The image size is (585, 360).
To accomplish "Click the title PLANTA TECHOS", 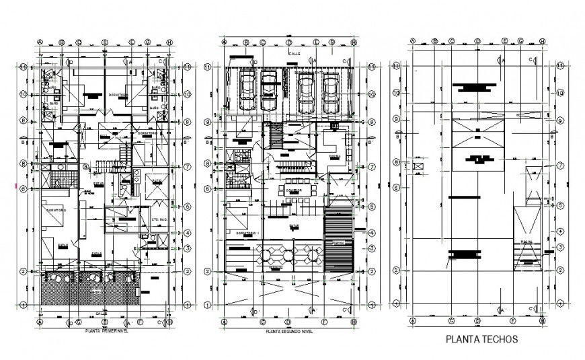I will (x=482, y=340).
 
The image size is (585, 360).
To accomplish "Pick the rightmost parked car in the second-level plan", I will (x=330, y=94).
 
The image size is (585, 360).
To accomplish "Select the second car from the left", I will (x=269, y=92).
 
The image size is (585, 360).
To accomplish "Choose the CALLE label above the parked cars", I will (x=294, y=52).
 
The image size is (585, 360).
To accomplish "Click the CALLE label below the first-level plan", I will (x=101, y=313).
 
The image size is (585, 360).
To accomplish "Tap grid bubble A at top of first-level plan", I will (x=40, y=42).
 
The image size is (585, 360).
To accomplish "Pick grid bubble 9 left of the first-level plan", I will (x=24, y=120).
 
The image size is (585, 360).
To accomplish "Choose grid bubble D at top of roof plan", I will (x=476, y=42).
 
